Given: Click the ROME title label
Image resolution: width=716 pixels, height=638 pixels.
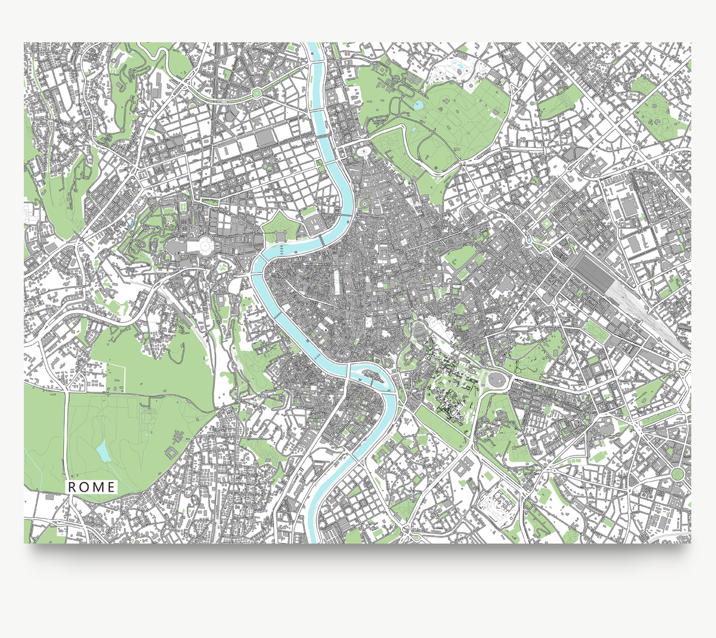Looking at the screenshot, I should point(92,487).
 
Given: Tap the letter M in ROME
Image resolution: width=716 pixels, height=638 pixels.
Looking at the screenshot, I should point(99,487).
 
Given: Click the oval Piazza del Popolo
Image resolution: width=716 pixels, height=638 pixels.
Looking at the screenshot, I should point(362,152).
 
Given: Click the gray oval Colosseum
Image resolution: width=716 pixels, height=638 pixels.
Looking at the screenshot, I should point(496,378).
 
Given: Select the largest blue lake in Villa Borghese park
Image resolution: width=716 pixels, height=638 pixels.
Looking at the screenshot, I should point(418,106).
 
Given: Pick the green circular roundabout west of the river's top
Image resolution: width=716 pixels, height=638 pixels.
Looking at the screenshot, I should point(257,93).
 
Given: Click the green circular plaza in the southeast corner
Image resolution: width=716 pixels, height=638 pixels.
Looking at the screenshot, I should point(677,474).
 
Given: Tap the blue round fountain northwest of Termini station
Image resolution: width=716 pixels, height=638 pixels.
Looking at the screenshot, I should point(529,240).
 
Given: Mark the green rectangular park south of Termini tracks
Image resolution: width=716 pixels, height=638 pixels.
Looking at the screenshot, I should point(594,330).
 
